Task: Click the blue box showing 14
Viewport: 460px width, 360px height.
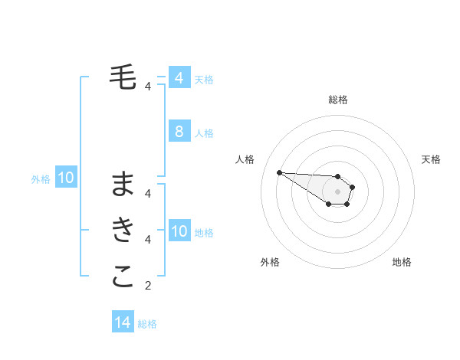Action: (123, 322)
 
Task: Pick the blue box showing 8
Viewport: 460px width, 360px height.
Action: (179, 132)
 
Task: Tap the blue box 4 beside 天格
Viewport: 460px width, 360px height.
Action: (179, 78)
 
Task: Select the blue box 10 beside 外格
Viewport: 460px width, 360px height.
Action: (65, 178)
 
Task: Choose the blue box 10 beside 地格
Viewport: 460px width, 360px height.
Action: (179, 231)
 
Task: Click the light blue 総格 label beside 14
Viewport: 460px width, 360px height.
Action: (147, 324)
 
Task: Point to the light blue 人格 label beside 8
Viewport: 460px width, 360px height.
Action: (204, 133)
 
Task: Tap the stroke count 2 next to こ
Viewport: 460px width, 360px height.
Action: (148, 286)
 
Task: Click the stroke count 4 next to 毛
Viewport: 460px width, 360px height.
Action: (148, 87)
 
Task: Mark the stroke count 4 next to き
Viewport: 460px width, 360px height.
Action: (148, 241)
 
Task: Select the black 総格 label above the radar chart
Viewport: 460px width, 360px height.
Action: (338, 100)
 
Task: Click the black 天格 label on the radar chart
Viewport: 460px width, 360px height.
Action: (431, 159)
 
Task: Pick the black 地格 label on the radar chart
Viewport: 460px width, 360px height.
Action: (402, 262)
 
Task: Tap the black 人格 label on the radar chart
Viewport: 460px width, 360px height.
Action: (245, 159)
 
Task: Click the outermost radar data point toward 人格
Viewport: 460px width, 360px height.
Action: (279, 172)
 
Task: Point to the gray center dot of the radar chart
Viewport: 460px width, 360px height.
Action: (338, 191)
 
